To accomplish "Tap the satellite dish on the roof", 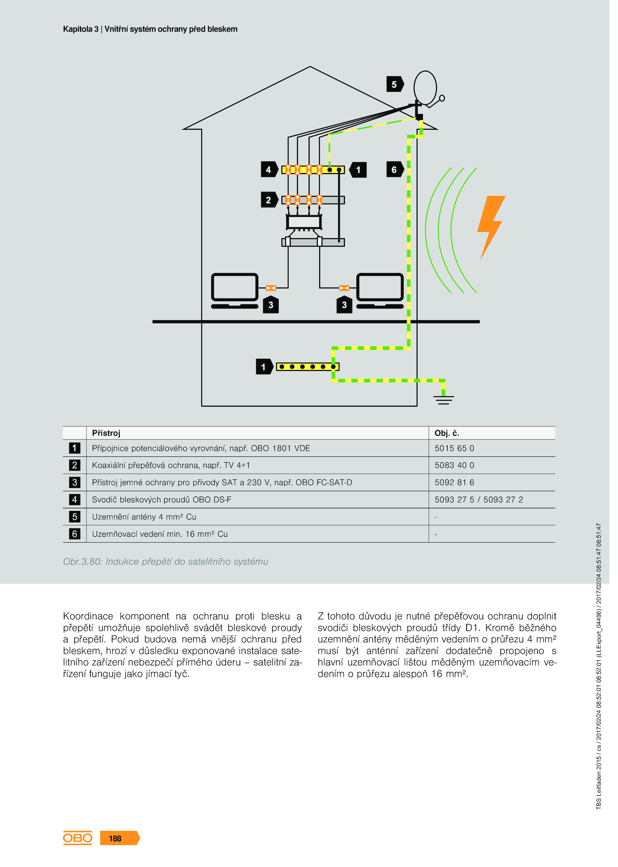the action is coord(425,88).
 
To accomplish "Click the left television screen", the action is coord(235,287).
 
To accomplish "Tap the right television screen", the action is coord(380,287).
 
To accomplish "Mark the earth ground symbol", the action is coord(443,400).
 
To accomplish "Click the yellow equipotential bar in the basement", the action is coord(308,366).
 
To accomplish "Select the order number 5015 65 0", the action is coord(454,448).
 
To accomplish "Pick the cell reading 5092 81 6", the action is coord(454,482).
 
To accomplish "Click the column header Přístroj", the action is coord(106,433).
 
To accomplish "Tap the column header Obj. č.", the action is coord(447,433).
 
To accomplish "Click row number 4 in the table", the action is coord(75,499).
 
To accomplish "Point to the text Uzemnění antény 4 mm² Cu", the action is coord(144,517).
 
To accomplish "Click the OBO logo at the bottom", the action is coord(78,838).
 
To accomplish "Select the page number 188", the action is coord(115,838).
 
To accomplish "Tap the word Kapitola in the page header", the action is coord(78,29).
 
